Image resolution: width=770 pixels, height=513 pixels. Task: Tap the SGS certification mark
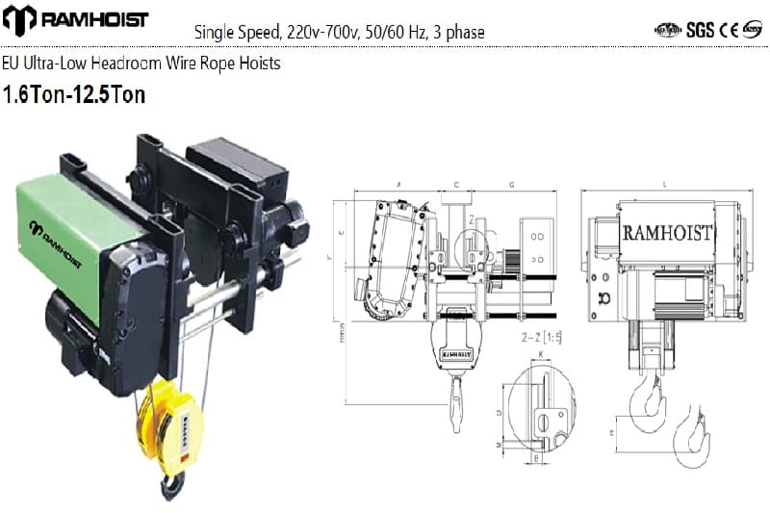point(700,29)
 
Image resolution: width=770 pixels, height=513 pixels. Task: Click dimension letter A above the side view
point(398,183)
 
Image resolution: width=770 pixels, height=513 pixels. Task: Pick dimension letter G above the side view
point(511,183)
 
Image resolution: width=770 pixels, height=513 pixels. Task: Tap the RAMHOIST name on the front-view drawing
point(667,233)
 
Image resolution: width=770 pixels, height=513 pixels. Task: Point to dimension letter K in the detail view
point(541,355)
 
